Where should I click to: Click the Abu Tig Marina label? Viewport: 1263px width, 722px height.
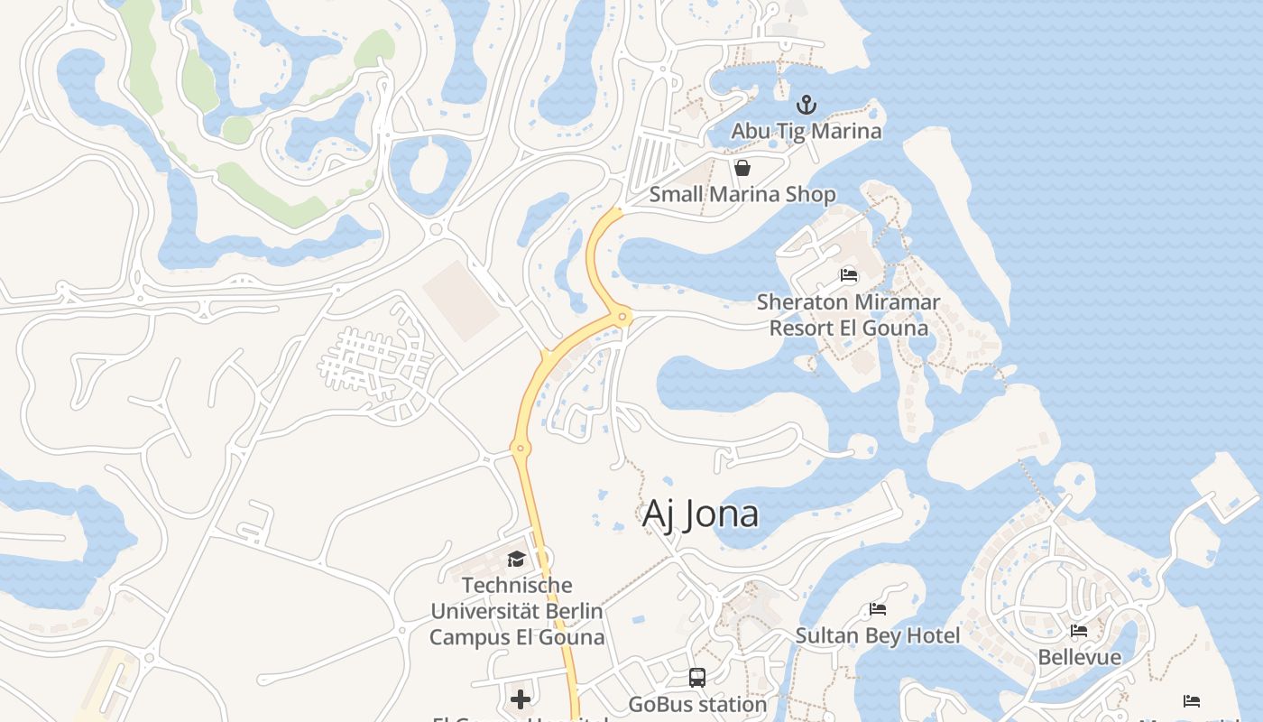pyautogui.click(x=806, y=131)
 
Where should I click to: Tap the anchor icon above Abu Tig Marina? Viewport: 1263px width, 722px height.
pyautogui.click(x=807, y=105)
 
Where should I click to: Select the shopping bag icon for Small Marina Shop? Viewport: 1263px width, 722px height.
pyautogui.click(x=742, y=168)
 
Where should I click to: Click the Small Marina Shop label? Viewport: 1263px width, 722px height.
pyautogui.click(x=742, y=194)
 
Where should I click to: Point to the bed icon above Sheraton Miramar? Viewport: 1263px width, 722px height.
pyautogui.click(x=849, y=275)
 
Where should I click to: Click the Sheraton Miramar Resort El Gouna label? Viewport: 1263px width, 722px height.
pyautogui.click(x=848, y=314)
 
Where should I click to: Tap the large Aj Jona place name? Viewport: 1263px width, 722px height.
pyautogui.click(x=700, y=514)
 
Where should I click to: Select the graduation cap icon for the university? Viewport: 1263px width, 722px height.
pyautogui.click(x=516, y=560)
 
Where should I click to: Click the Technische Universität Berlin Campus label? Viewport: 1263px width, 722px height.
pyautogui.click(x=517, y=611)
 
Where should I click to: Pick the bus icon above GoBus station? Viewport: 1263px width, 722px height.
pyautogui.click(x=697, y=677)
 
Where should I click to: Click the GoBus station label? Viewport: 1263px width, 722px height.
pyautogui.click(x=697, y=703)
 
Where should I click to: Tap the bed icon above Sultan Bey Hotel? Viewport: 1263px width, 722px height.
pyautogui.click(x=878, y=609)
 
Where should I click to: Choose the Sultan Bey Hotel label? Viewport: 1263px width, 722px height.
pyautogui.click(x=878, y=635)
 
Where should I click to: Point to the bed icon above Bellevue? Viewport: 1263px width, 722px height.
pyautogui.click(x=1079, y=631)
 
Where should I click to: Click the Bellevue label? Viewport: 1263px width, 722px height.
pyautogui.click(x=1079, y=656)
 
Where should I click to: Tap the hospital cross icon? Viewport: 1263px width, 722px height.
pyautogui.click(x=521, y=699)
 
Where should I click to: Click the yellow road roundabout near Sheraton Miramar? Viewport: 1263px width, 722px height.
pyautogui.click(x=622, y=316)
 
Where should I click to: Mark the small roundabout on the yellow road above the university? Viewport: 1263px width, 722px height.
pyautogui.click(x=519, y=447)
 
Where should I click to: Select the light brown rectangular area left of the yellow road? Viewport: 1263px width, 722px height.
pyautogui.click(x=460, y=301)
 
